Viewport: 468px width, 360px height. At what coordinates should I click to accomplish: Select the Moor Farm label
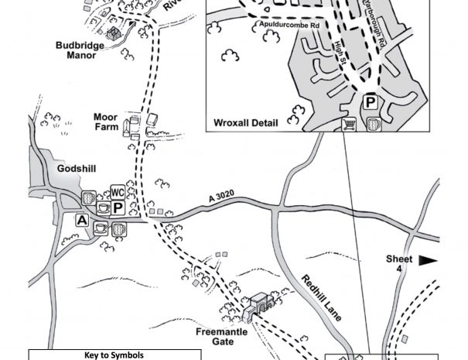(x=105, y=122)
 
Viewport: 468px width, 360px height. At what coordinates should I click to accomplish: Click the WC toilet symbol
(x=118, y=192)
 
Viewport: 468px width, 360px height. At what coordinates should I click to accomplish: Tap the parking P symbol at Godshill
(x=118, y=208)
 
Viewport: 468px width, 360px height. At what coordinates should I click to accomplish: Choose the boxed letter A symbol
(x=81, y=220)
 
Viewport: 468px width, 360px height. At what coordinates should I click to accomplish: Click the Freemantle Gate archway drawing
(x=259, y=305)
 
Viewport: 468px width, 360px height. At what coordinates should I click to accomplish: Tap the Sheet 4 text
(x=399, y=264)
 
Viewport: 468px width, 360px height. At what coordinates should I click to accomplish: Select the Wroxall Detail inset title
(x=244, y=122)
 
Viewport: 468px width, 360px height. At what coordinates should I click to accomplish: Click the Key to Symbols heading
(x=114, y=355)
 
